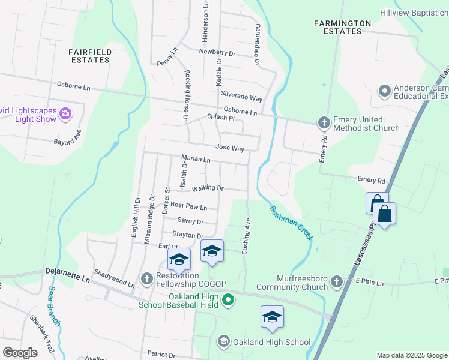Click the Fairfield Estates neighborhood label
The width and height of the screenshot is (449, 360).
tap(90, 56)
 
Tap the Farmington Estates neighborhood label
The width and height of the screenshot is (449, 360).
tap(343, 27)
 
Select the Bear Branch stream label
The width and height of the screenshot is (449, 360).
tap(54, 306)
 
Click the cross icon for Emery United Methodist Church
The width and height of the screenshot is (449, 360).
tap(324, 123)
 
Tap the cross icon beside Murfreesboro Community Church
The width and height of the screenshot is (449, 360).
tap(337, 281)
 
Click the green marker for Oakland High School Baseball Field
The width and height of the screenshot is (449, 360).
tap(228, 299)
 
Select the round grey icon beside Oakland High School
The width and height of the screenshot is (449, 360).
tap(223, 342)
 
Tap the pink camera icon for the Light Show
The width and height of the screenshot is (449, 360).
tap(65, 113)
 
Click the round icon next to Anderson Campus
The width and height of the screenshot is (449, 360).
tap(385, 91)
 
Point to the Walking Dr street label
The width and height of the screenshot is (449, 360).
tap(208, 188)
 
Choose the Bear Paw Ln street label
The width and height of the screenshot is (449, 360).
tap(188, 206)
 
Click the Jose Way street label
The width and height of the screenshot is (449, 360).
tap(229, 148)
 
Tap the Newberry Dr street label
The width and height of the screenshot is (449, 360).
tap(217, 53)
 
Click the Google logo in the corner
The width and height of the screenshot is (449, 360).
tap(20, 352)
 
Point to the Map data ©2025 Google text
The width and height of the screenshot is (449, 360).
tap(411, 355)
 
